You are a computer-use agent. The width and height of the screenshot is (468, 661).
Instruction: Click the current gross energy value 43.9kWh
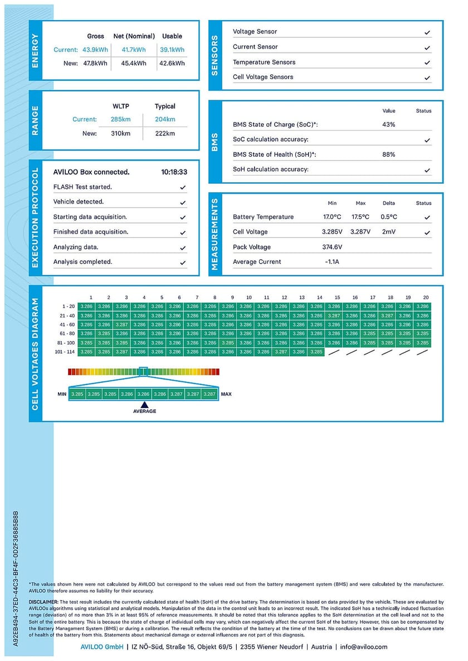[x=95, y=50]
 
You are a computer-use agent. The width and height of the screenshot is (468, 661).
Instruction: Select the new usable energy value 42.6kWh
[x=172, y=64]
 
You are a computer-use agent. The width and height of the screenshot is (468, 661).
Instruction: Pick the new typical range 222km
[x=165, y=133]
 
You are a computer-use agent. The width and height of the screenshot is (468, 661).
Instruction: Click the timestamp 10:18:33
[x=174, y=172]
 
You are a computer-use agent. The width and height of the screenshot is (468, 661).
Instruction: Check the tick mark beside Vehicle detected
[x=183, y=202]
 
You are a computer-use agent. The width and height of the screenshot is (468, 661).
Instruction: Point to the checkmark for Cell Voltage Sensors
[x=427, y=77]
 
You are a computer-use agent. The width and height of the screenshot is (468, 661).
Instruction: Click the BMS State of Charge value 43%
[x=388, y=125]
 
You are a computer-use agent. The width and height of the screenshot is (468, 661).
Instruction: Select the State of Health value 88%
[x=388, y=154]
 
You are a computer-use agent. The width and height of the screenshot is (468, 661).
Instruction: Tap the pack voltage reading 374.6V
[x=332, y=247]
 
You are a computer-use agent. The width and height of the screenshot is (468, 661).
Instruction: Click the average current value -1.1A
[x=332, y=262]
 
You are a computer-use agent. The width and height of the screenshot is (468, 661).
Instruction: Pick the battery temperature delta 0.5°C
[x=388, y=217]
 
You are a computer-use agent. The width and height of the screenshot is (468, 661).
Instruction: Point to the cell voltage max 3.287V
[x=360, y=232]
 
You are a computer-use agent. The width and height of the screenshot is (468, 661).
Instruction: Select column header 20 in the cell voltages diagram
[x=426, y=298]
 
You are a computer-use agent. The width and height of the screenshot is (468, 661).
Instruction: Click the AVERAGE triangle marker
[x=144, y=405]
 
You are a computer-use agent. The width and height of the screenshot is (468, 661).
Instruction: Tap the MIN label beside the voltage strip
[x=62, y=394]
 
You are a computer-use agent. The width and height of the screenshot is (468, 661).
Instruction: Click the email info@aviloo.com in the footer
[x=364, y=647]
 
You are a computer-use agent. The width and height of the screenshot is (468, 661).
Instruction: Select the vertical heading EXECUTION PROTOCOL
[x=36, y=217]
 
